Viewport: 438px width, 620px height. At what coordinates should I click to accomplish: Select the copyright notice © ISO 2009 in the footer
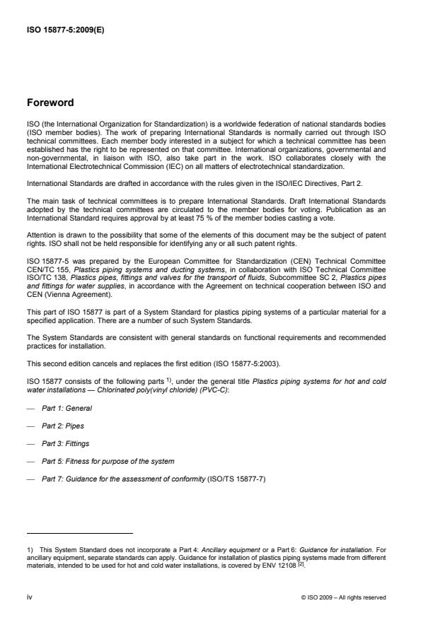click(x=343, y=597)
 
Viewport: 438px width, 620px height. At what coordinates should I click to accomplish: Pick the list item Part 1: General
click(x=67, y=409)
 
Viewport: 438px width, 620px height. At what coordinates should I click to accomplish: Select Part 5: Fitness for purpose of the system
click(x=108, y=462)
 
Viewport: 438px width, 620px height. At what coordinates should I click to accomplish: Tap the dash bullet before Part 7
click(x=33, y=479)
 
